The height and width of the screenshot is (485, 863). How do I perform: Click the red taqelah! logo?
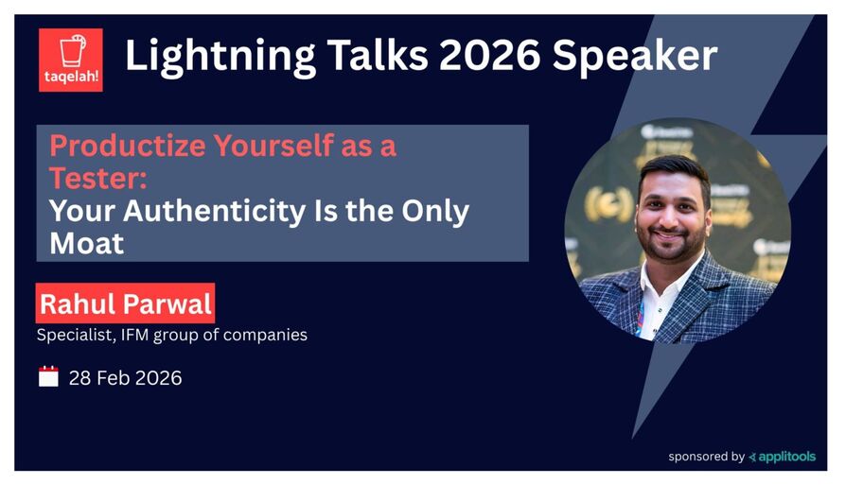click(70, 60)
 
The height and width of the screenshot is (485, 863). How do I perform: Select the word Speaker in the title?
click(635, 59)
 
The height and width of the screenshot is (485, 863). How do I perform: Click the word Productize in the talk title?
click(125, 147)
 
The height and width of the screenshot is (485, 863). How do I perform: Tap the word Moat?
click(86, 243)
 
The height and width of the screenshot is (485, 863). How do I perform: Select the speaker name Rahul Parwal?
click(126, 304)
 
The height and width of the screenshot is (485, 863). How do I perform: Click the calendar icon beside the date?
click(48, 377)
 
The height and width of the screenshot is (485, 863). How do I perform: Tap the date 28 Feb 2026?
click(125, 378)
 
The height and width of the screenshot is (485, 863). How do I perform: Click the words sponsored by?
click(706, 457)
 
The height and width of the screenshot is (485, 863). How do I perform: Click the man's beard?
click(676, 241)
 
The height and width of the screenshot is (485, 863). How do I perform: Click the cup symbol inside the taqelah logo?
click(70, 50)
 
